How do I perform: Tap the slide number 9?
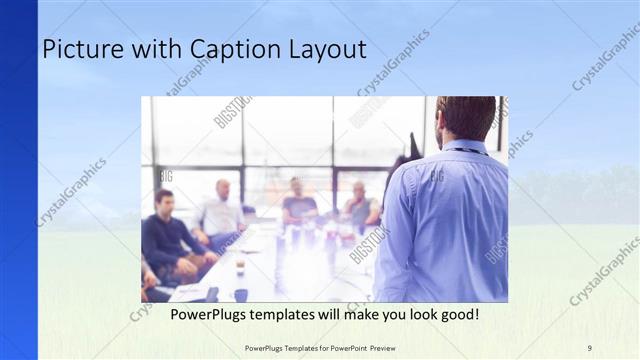(589, 347)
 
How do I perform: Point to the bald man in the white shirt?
(221, 210)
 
